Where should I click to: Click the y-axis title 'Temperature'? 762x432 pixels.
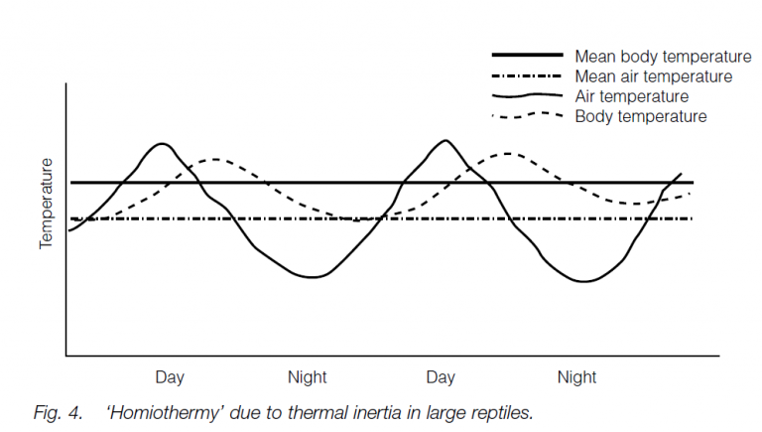46,204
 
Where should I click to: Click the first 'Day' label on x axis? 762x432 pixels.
170,377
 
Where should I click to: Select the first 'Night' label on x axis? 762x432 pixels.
307,377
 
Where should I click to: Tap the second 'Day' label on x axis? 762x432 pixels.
442,377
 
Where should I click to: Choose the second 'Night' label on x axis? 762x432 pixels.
576,377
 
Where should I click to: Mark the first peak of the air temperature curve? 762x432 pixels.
162,144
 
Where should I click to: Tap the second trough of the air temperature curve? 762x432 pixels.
583,281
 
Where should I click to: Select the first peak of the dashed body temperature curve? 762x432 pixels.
214,159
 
